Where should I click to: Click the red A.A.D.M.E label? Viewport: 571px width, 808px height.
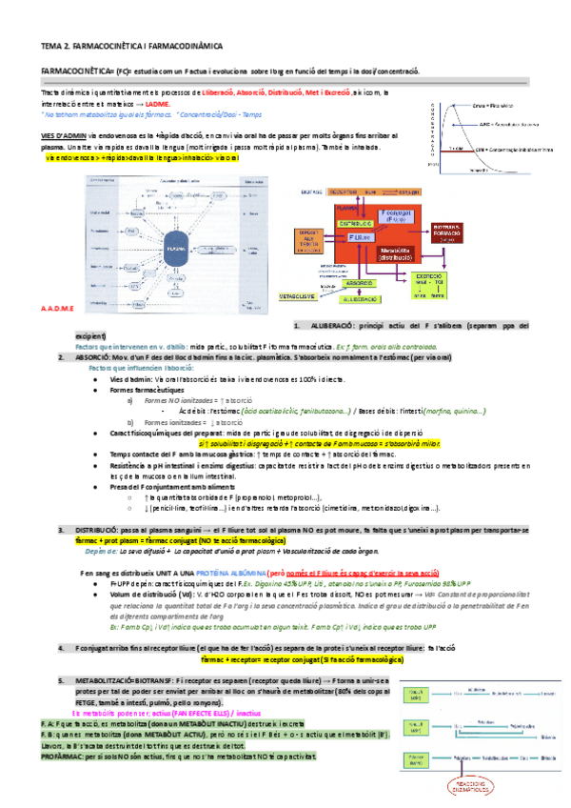tap(58, 309)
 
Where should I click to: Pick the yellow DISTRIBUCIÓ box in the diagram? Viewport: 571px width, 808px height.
tap(355, 222)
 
